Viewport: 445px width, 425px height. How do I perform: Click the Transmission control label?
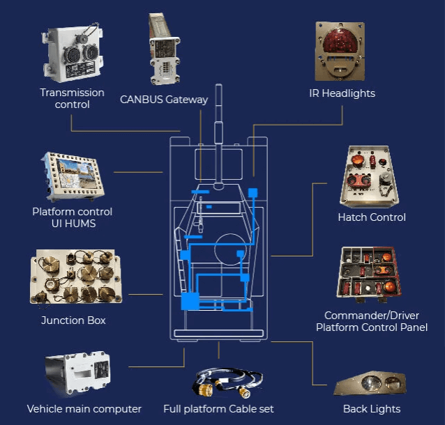click(72, 98)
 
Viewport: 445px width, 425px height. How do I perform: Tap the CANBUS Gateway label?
click(164, 99)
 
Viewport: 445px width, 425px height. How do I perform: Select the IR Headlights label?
click(342, 93)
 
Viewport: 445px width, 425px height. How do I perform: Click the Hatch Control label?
click(371, 217)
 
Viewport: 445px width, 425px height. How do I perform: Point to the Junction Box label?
click(73, 320)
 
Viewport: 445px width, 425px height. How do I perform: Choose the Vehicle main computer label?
click(84, 408)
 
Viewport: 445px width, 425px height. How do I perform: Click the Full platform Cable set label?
click(218, 408)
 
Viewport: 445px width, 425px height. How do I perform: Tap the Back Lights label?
click(372, 408)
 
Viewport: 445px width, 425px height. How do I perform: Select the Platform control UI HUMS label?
click(72, 217)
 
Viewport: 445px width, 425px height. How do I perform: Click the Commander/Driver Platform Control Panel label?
click(372, 321)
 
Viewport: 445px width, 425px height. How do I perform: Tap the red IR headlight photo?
click(340, 49)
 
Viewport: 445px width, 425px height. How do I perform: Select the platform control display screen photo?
click(73, 175)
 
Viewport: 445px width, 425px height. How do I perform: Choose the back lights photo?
click(371, 384)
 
